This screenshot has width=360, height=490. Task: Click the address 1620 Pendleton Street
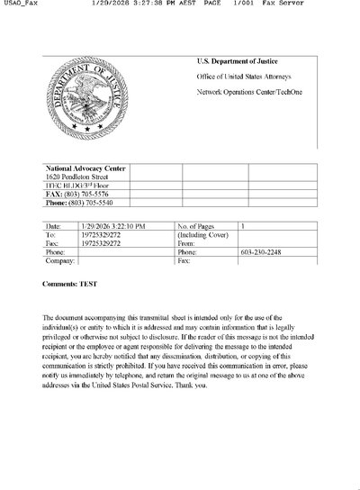76,177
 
